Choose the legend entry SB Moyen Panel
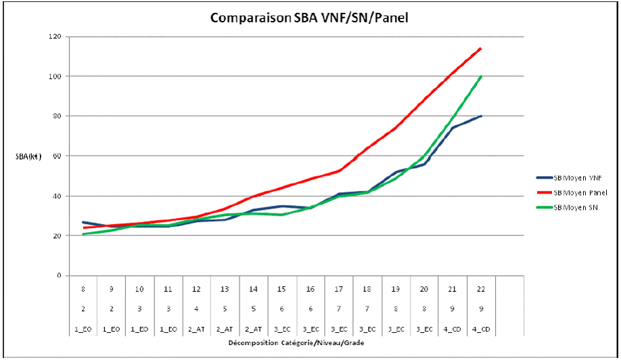[579, 193]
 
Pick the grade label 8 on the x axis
[83, 289]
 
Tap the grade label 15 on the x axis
[281, 289]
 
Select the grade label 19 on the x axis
[395, 289]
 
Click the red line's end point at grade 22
[480, 49]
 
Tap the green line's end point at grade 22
[480, 76]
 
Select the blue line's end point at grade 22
[480, 116]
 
